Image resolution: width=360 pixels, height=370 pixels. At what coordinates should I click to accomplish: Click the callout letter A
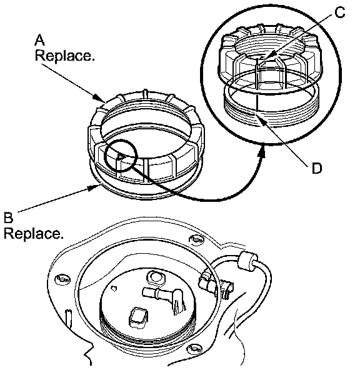click(39, 39)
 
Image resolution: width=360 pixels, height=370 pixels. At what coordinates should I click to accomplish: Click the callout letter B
click(9, 217)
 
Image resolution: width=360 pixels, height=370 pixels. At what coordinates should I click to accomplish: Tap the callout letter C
click(340, 12)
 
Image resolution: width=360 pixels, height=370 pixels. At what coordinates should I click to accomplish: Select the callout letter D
click(317, 169)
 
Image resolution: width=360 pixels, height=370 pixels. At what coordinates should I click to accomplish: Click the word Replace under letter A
click(65, 56)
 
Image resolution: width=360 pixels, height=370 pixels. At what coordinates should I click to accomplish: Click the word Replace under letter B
click(34, 234)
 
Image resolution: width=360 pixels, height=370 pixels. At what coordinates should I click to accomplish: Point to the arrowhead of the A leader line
click(99, 98)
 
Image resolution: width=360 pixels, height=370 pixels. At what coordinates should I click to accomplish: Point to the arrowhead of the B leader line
click(95, 187)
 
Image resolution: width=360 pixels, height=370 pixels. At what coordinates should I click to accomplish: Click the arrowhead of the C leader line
click(267, 57)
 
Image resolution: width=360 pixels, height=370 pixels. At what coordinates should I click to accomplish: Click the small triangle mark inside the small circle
click(121, 157)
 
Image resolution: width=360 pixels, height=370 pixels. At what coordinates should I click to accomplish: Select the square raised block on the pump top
click(139, 317)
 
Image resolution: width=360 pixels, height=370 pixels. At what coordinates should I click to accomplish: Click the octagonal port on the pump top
click(156, 277)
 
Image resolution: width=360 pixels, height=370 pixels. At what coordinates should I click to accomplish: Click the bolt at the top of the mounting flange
click(196, 239)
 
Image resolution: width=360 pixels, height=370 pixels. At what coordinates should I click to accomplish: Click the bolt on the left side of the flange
click(62, 279)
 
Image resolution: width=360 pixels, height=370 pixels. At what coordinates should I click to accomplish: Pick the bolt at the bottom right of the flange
click(194, 349)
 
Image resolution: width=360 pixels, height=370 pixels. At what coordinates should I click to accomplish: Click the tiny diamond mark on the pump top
click(114, 288)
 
